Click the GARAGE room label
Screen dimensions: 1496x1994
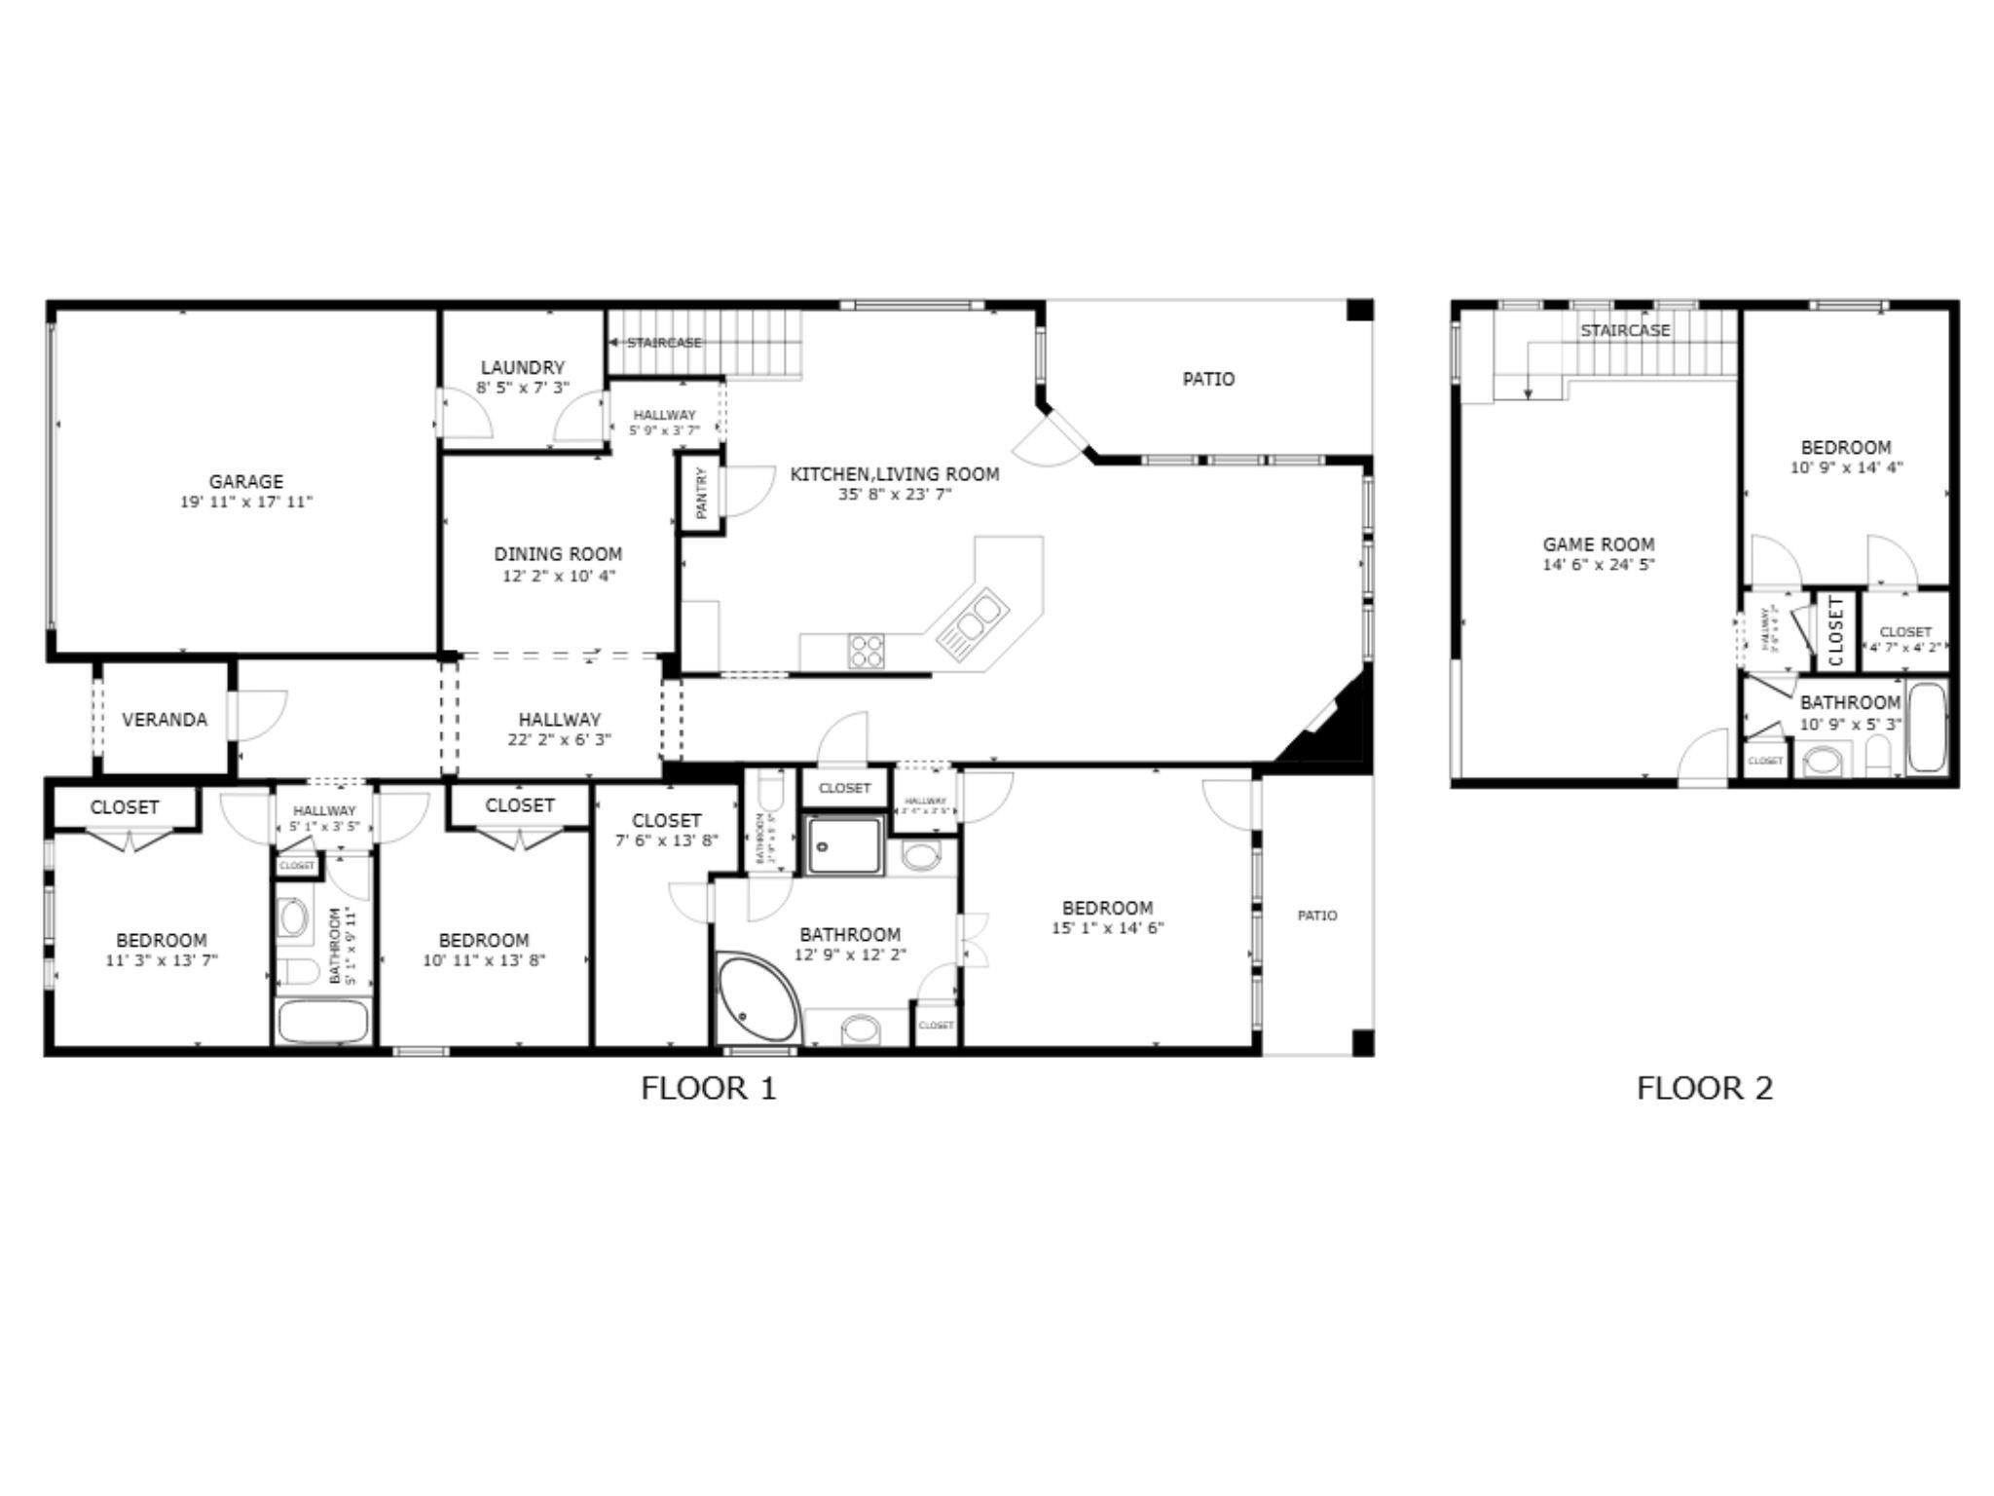tap(245, 481)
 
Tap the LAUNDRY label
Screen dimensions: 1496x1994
tap(523, 367)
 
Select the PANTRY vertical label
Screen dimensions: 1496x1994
tap(702, 493)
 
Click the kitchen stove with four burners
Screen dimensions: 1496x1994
tap(866, 651)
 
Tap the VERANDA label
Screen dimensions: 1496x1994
tap(165, 720)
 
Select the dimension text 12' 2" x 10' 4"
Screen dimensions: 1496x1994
tap(559, 576)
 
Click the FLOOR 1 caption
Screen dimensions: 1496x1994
tap(709, 1088)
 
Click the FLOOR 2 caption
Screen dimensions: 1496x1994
tap(1705, 1088)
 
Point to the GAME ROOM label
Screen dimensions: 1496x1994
tap(1598, 544)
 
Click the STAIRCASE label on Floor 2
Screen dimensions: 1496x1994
tap(1625, 330)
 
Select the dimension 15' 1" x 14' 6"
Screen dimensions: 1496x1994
tap(1107, 928)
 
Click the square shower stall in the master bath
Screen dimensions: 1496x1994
tap(844, 845)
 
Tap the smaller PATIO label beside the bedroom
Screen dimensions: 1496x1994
tap(1317, 916)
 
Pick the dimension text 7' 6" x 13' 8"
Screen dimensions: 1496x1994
tap(666, 841)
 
